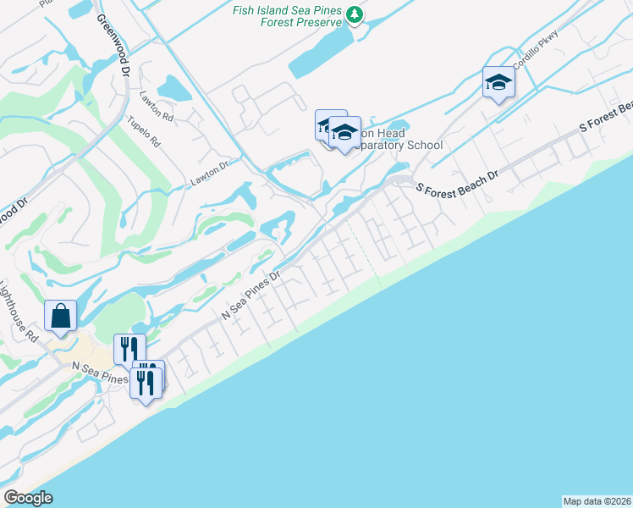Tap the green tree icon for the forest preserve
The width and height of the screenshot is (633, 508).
[x=355, y=14]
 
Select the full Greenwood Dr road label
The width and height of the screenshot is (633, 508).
[x=111, y=46]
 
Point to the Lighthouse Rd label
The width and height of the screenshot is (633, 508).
[x=19, y=310]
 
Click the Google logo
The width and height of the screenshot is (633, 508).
[x=28, y=498]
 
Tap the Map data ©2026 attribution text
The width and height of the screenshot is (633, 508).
[x=597, y=500]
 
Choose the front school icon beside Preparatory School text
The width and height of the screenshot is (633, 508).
[x=344, y=134]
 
